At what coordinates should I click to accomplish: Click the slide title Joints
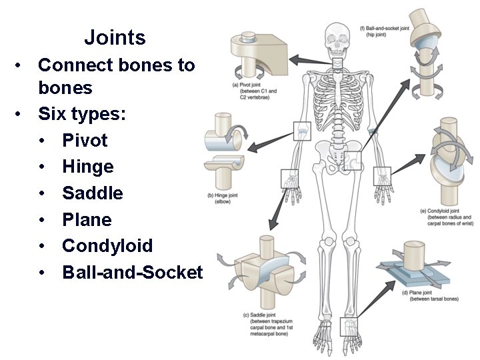click(115, 37)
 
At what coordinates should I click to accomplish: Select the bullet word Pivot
click(85, 140)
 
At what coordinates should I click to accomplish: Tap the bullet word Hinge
click(88, 167)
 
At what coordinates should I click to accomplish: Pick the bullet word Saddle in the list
click(93, 193)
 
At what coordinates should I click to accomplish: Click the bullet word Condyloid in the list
click(107, 246)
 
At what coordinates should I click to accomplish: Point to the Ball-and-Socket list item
click(132, 272)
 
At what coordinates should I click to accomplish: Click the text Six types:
click(82, 114)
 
